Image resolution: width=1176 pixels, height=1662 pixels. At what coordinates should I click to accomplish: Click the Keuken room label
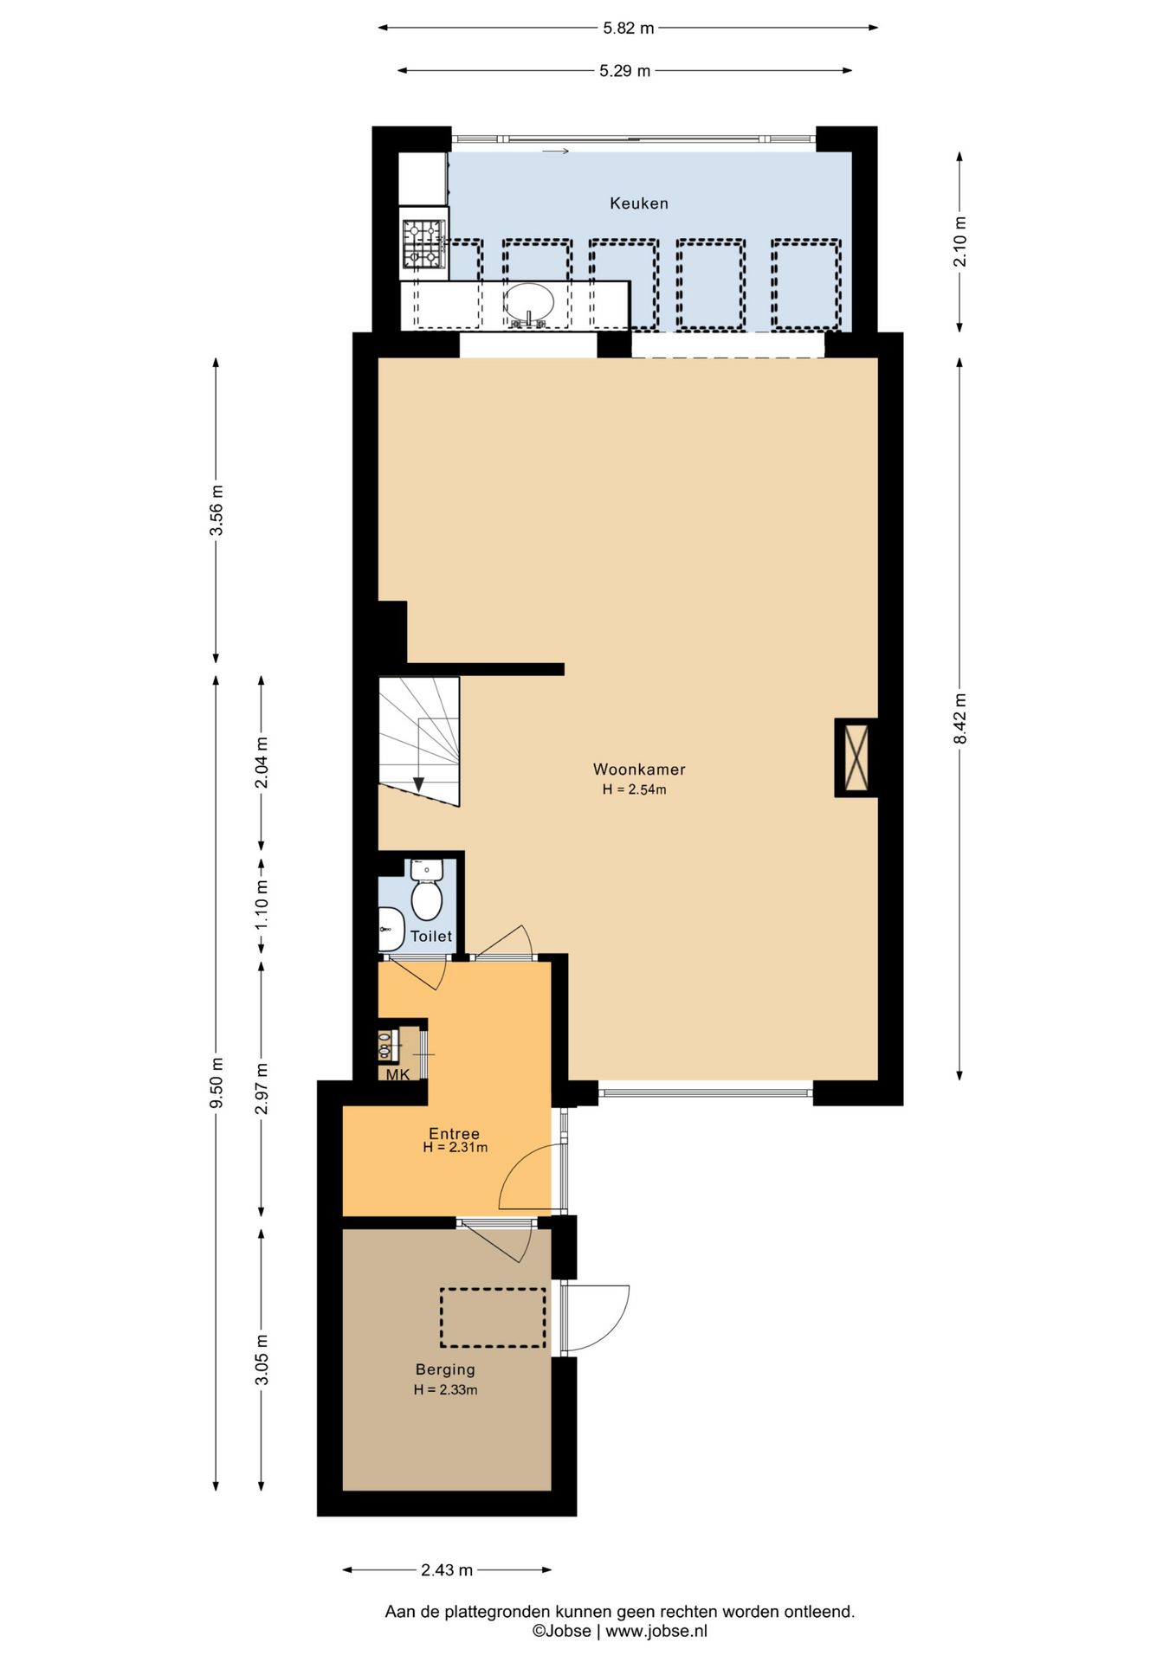tap(639, 203)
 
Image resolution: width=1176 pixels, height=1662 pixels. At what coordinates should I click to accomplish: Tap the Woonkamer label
tap(639, 769)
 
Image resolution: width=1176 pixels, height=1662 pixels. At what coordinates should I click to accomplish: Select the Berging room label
tap(445, 1369)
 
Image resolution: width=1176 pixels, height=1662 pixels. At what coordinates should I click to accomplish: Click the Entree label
tap(455, 1133)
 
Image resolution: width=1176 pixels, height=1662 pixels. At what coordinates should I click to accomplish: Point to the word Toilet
tap(431, 936)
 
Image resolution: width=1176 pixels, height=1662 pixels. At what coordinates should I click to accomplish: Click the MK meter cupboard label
tap(397, 1075)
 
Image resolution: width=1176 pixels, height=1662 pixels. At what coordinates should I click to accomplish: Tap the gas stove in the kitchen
tap(423, 243)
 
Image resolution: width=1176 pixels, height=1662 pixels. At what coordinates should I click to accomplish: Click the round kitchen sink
tap(529, 303)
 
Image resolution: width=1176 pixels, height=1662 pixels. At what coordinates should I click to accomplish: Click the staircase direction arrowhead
tap(418, 784)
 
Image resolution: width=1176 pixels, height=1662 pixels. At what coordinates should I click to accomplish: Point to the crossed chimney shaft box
tap(856, 757)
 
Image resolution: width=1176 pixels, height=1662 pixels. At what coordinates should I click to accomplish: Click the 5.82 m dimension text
tap(629, 28)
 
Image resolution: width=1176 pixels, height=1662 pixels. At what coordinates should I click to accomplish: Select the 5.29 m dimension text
tap(625, 71)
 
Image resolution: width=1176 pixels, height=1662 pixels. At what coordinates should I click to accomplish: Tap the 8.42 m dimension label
tap(960, 718)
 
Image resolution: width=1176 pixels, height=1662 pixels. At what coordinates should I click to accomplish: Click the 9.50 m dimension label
tap(216, 1082)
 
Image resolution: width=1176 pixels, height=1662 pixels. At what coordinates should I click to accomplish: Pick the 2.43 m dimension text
tap(447, 1570)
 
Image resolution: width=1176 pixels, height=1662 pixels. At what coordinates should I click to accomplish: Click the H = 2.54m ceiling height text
tap(635, 789)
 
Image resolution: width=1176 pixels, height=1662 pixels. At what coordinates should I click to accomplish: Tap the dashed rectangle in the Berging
tap(493, 1317)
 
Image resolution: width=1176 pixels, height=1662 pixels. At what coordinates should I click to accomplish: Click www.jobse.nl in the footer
tap(656, 1631)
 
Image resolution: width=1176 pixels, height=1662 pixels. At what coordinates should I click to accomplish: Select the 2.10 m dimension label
tap(960, 242)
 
